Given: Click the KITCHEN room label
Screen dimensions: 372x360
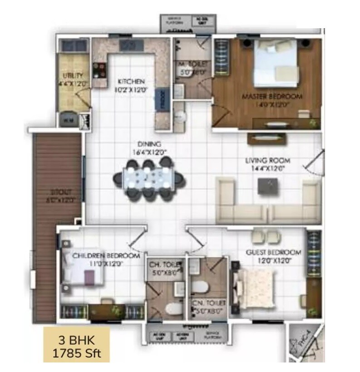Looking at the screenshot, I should click(131, 82).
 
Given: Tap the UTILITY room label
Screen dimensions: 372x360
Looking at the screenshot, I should click(73, 75).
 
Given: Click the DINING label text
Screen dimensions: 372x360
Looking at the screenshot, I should click(146, 144).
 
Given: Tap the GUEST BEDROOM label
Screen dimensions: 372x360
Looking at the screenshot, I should click(273, 253).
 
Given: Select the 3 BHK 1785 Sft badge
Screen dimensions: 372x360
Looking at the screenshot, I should click(76, 346).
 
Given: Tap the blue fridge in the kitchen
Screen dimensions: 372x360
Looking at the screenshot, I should click(161, 99).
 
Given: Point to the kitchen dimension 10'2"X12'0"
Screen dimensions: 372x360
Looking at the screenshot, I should click(132, 89).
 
